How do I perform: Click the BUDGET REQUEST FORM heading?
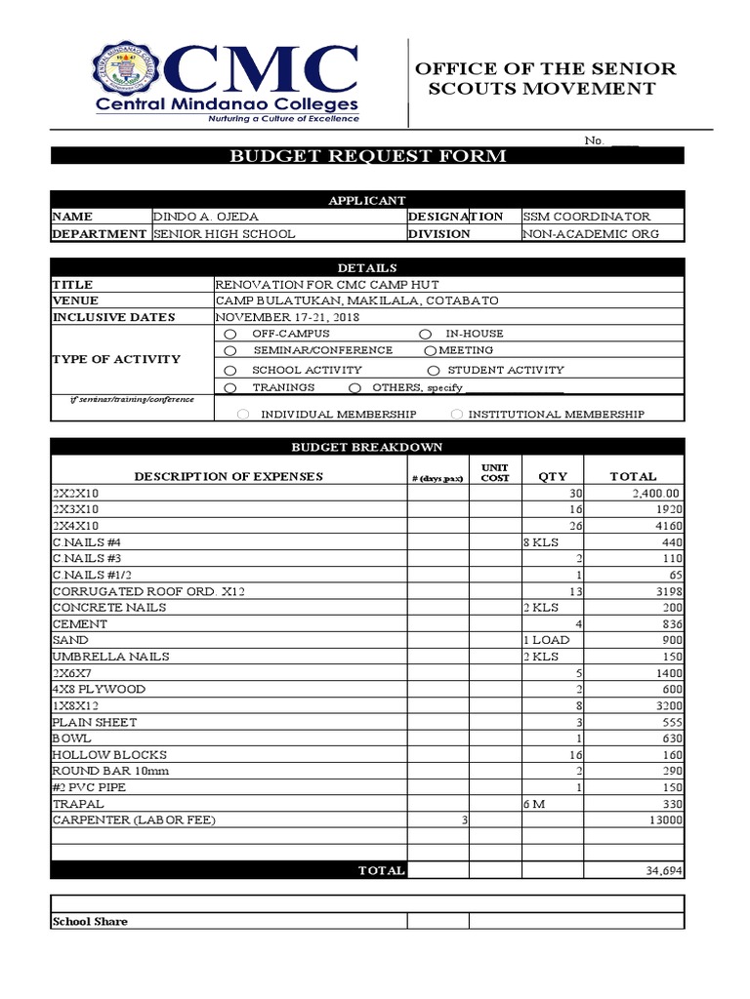[367, 156]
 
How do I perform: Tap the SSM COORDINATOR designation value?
[586, 217]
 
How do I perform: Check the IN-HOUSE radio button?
[425, 334]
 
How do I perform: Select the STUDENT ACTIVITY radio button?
[435, 371]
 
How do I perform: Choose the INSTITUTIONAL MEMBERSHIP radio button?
[456, 415]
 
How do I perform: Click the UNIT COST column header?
[495, 472]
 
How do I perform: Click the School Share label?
[90, 921]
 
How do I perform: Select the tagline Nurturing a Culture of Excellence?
[280, 119]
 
